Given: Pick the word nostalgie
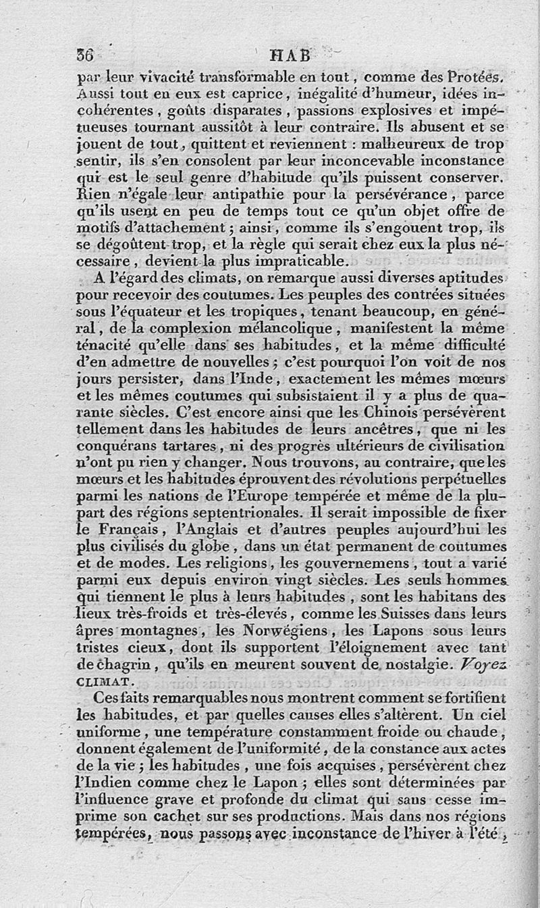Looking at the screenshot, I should pyautogui.click(x=422, y=664).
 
